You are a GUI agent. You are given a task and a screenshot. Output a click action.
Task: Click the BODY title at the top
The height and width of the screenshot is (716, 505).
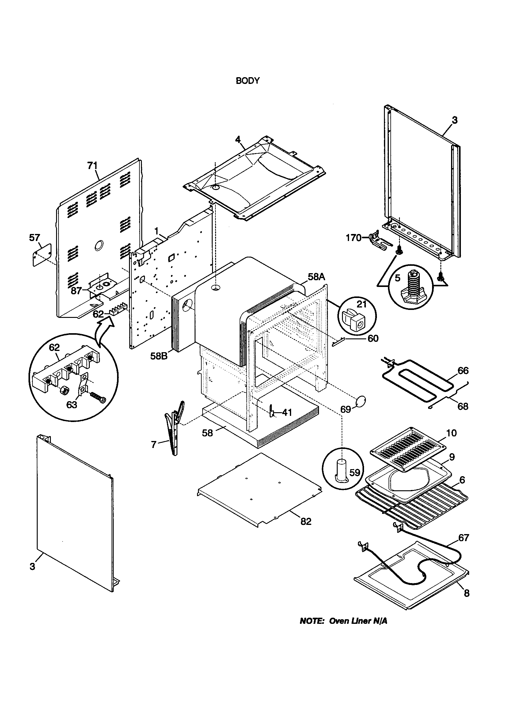click(x=248, y=81)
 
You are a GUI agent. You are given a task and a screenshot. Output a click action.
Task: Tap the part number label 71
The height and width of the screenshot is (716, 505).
click(x=92, y=166)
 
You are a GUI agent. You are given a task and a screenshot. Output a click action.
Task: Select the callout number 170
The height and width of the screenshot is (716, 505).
click(x=353, y=238)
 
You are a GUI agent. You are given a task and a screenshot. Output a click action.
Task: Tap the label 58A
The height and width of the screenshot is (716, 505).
click(x=317, y=277)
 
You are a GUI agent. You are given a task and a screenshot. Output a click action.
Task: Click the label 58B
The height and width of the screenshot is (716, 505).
click(x=159, y=356)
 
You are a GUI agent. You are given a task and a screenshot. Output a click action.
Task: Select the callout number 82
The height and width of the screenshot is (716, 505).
click(x=306, y=522)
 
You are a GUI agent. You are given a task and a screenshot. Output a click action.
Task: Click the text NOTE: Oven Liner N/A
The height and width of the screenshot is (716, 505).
click(x=343, y=621)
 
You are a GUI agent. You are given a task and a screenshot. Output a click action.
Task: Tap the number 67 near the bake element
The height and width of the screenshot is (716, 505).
click(x=464, y=538)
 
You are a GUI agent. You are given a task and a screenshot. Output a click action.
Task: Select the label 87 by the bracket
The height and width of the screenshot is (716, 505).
click(x=76, y=291)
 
